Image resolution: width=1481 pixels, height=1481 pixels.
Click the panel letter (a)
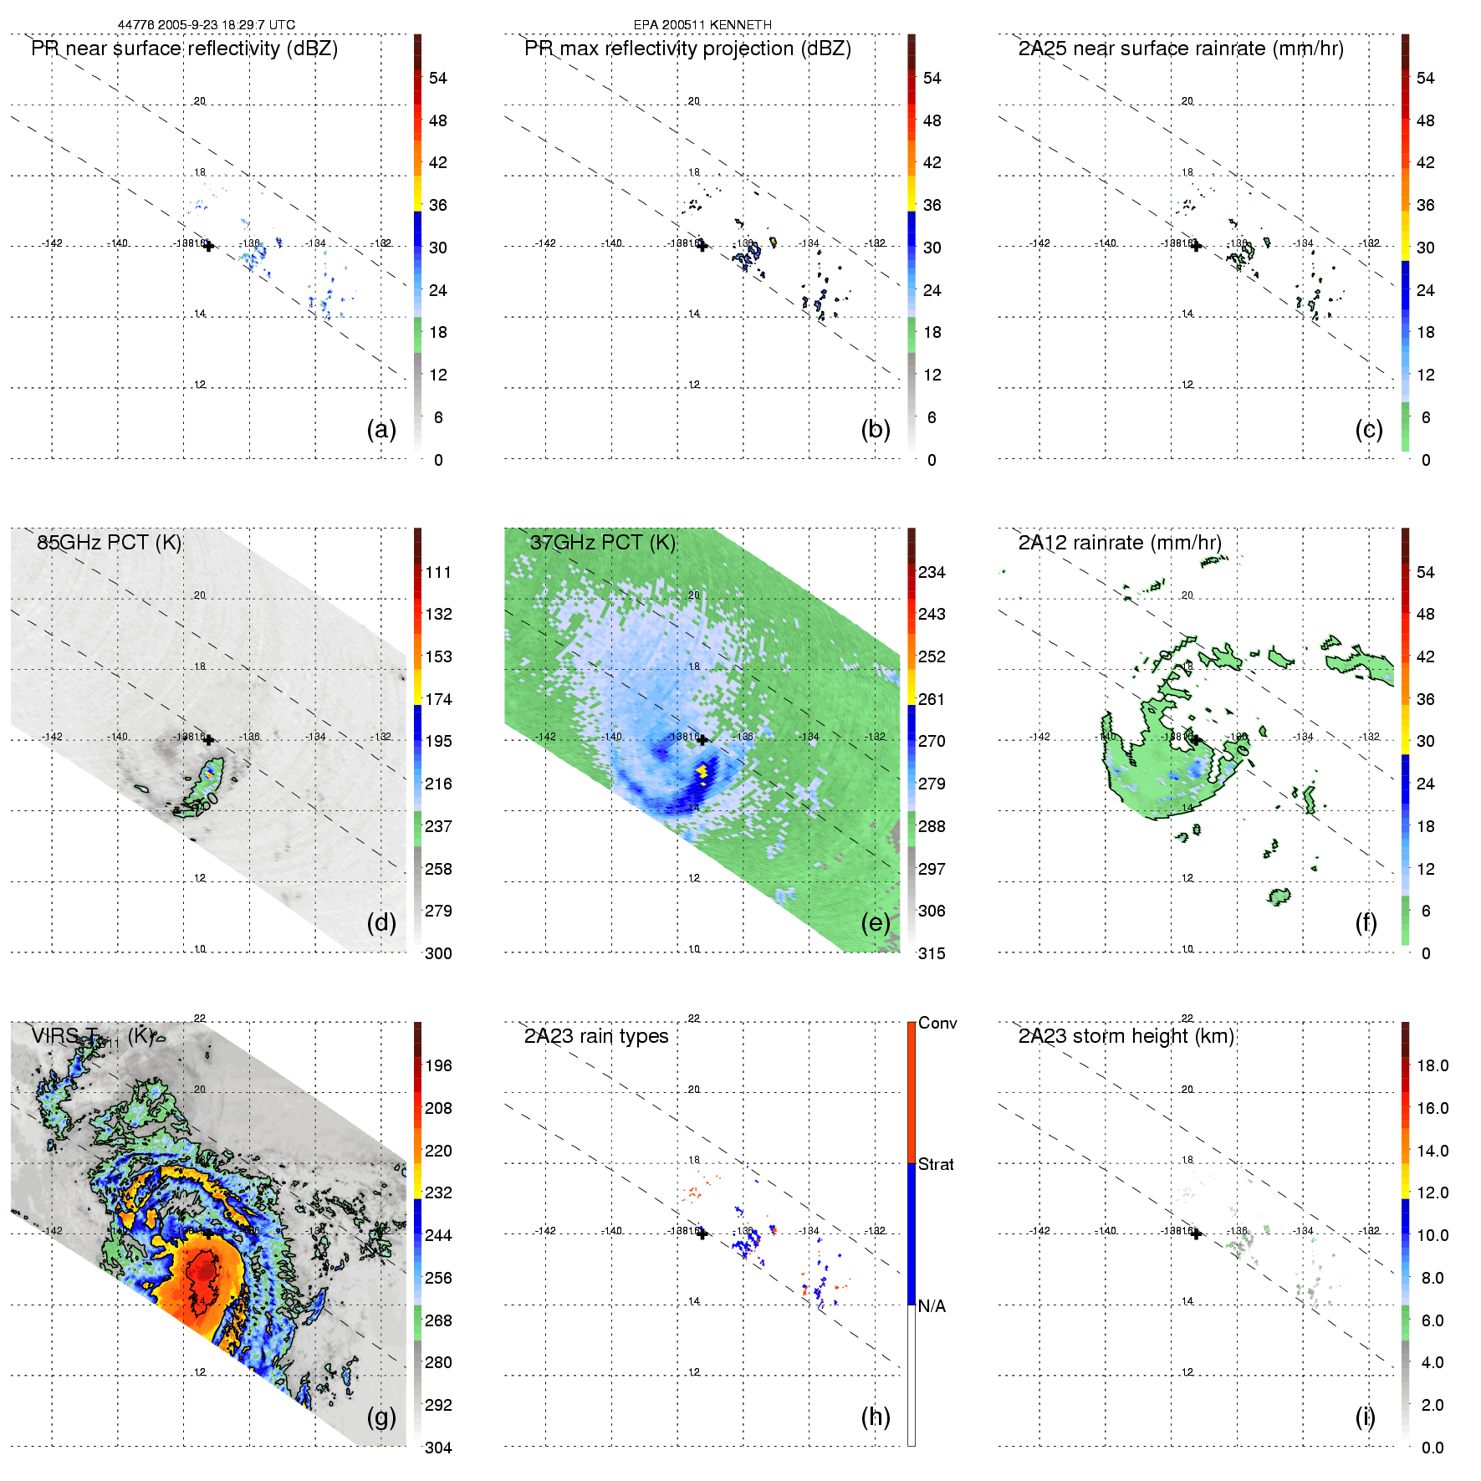[381, 430]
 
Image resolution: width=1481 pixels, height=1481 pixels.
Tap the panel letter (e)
[875, 923]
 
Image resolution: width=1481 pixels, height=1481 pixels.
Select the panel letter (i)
[1365, 1417]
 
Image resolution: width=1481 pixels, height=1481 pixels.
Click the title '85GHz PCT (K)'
[109, 542]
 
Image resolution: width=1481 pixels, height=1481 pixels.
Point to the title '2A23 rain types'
[596, 1036]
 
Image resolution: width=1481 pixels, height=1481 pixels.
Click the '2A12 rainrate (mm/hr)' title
[1120, 542]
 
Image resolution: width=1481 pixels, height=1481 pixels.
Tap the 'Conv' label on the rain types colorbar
[937, 1023]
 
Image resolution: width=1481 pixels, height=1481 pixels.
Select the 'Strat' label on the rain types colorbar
[936, 1164]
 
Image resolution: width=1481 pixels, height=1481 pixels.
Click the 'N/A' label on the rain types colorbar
[932, 1306]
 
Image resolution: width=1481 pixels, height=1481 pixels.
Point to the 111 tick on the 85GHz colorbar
[438, 572]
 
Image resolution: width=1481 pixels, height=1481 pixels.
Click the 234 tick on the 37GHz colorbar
[932, 572]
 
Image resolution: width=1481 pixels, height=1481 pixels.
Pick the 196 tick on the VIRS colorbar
[438, 1065]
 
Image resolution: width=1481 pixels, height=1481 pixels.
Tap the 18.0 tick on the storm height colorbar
[1432, 1065]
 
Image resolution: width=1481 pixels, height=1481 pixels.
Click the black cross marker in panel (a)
[208, 246]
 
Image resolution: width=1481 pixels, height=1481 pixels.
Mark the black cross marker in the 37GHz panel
[702, 739]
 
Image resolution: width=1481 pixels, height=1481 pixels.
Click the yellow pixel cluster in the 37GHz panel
[702, 771]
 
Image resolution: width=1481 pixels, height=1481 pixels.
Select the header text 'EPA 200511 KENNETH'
[702, 25]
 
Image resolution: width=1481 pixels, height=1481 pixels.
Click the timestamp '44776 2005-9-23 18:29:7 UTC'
[207, 25]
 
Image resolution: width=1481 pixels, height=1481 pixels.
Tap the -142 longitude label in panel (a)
[53, 243]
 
